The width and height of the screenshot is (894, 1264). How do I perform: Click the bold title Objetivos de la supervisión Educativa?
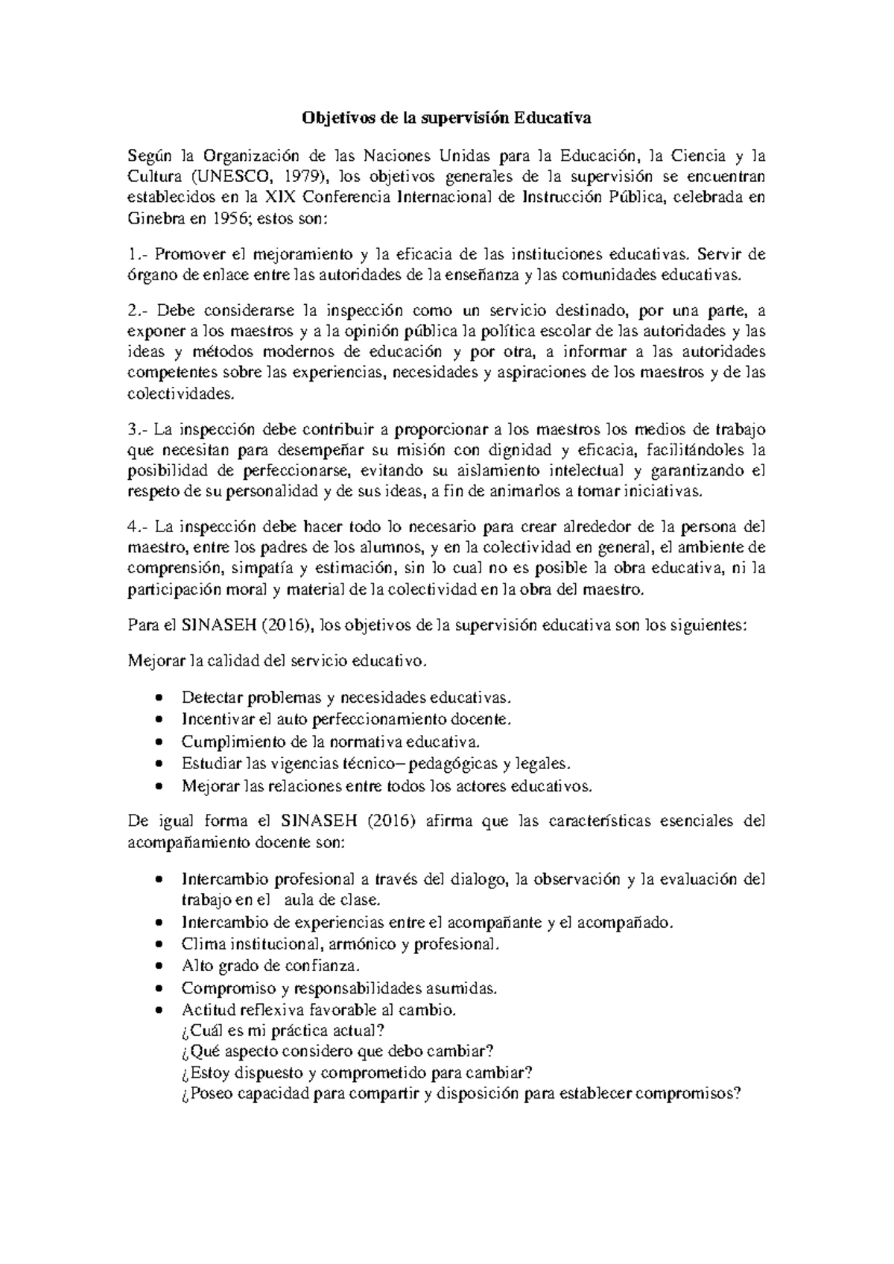coord(446,118)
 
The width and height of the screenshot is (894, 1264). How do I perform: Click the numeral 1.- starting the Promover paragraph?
coord(138,254)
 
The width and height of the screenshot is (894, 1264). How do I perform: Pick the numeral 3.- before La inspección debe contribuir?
coord(139,429)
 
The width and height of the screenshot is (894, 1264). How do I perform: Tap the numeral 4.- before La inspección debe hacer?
coord(139,526)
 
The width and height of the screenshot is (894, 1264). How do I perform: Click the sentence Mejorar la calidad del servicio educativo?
coord(279,660)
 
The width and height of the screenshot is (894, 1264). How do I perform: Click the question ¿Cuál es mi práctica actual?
coord(283,1031)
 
